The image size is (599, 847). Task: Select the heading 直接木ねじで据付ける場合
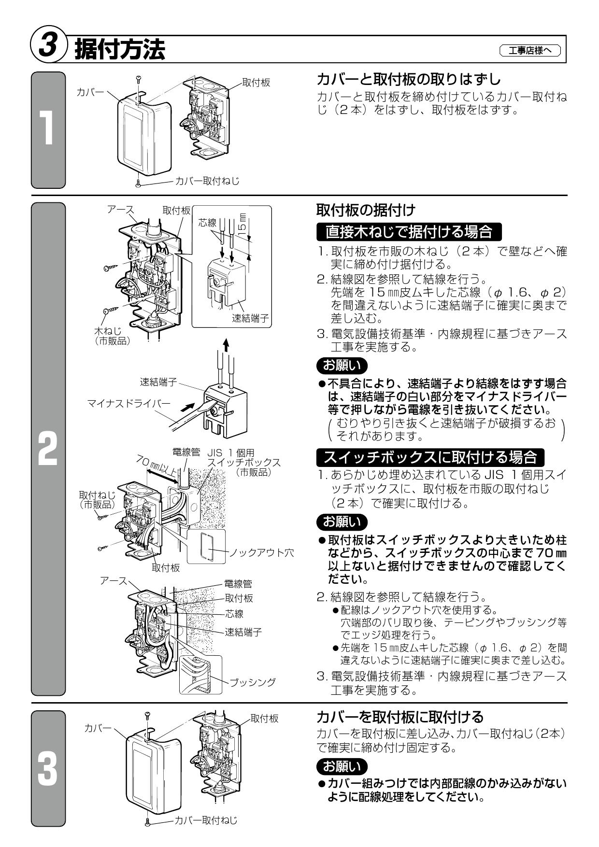tap(409, 232)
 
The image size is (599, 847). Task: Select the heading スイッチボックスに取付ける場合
tap(430, 456)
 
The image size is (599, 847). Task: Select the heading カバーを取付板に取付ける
tap(400, 716)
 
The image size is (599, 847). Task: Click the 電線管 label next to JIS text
tap(186, 453)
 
